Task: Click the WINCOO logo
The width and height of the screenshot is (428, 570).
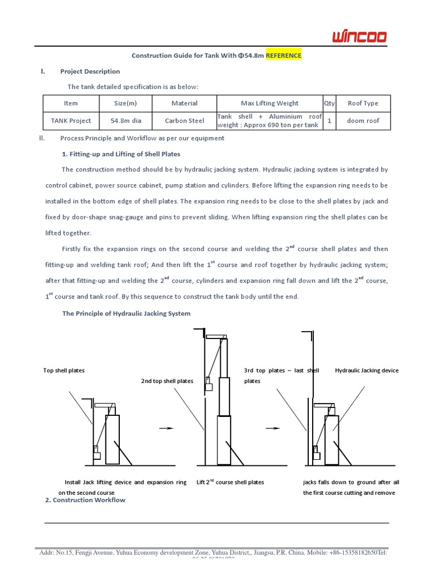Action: (359, 37)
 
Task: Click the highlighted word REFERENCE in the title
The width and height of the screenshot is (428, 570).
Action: (283, 56)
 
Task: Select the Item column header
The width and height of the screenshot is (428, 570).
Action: (71, 103)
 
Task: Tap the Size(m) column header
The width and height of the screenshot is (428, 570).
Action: (125, 103)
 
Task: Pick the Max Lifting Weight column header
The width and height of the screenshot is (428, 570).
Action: (269, 103)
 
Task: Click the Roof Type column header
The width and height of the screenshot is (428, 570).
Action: (362, 103)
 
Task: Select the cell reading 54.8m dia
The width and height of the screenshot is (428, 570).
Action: (125, 121)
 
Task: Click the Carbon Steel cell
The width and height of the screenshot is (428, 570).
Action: (184, 121)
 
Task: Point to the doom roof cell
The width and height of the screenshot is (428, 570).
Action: (362, 121)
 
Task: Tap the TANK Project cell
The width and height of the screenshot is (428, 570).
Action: (71, 121)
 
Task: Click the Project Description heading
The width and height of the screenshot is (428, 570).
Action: (90, 71)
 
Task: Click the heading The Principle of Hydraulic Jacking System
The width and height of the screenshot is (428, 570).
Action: (126, 313)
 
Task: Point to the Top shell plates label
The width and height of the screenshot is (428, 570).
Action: (64, 370)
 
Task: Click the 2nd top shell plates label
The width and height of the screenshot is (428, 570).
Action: (167, 381)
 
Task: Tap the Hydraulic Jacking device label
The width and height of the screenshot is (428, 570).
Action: (367, 370)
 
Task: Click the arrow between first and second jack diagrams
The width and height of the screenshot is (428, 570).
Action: (166, 429)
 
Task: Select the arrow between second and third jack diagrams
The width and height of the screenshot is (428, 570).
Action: (272, 429)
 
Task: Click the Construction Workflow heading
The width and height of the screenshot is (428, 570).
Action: (85, 500)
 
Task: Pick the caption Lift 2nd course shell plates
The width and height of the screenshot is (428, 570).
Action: (230, 482)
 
